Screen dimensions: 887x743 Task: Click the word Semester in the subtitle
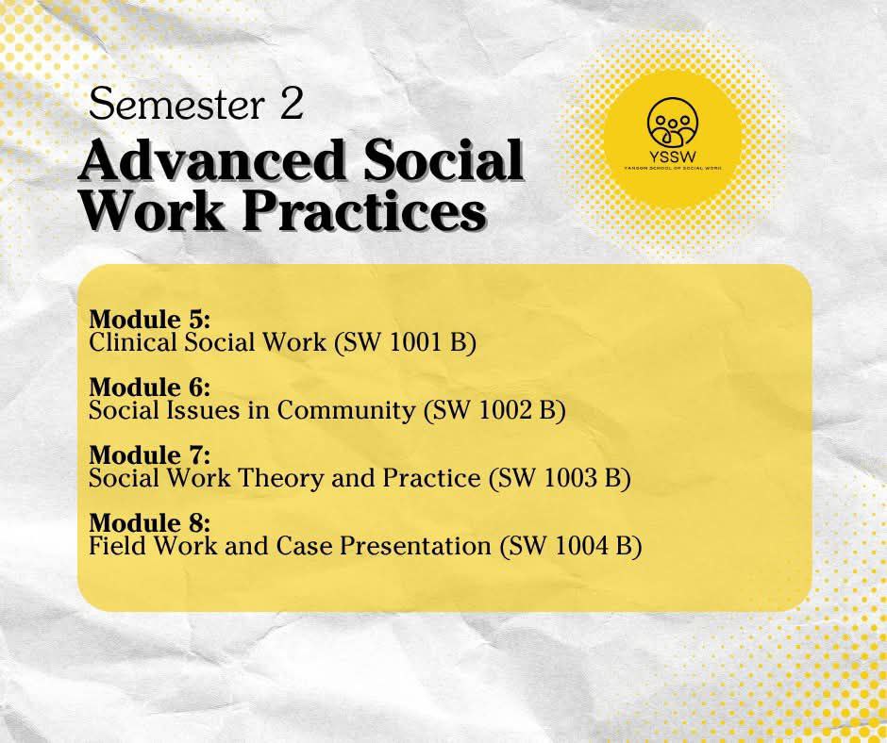pos(177,105)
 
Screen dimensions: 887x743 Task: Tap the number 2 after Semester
pos(292,104)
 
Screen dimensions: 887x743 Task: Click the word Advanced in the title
pos(211,160)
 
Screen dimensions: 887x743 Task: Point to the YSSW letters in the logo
pos(673,157)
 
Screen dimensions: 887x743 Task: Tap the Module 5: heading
pos(150,319)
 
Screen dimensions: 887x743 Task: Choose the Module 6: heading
pos(150,388)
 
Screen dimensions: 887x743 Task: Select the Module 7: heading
pos(150,455)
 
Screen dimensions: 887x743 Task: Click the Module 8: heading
pos(150,523)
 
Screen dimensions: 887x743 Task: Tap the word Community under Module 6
pos(346,411)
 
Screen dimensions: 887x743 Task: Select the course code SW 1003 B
pos(560,479)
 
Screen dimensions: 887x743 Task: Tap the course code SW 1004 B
pos(571,547)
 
